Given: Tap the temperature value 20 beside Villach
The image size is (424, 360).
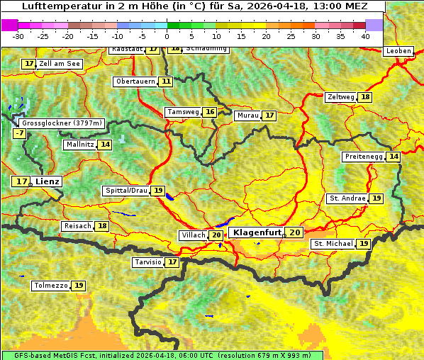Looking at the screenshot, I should [216, 235].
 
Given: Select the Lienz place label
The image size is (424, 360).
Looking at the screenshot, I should [48, 181].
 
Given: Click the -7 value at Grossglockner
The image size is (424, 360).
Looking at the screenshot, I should [19, 133].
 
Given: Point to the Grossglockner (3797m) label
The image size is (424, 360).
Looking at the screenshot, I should [63, 123].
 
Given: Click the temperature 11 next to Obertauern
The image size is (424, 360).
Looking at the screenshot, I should [166, 81].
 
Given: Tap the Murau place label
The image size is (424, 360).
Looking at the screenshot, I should [247, 116].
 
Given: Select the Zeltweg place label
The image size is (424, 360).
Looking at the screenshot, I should [340, 97].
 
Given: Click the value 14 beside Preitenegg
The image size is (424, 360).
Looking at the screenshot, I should [394, 157].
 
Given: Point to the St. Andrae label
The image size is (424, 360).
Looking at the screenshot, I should [347, 198].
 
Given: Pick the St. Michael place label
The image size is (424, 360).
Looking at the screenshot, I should [333, 244].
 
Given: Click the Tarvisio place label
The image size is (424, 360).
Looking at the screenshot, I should [148, 262].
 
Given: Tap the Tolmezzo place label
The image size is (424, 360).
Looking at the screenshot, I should [51, 286].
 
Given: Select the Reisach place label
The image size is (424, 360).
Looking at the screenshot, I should [78, 226].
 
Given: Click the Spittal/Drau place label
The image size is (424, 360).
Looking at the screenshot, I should [126, 191].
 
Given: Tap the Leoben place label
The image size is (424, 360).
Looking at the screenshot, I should [398, 51].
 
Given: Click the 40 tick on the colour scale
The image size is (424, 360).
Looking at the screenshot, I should [365, 36].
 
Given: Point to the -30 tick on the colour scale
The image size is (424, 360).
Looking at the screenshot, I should [18, 36].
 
